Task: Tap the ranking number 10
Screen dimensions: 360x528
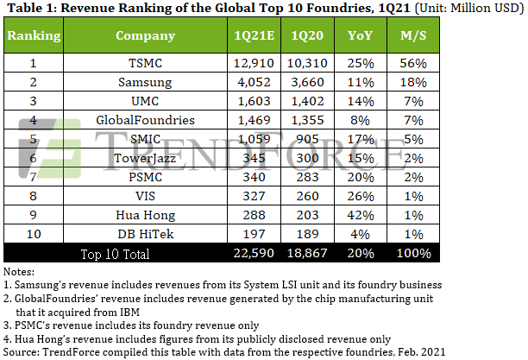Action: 34,234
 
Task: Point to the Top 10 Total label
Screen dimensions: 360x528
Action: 115,254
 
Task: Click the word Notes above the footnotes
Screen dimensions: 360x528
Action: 20,272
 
